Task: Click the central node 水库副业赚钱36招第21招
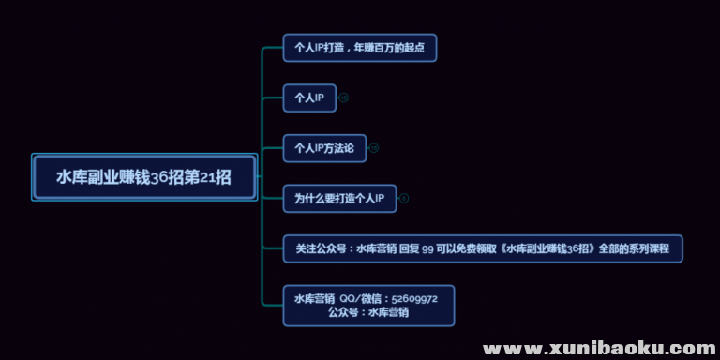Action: (x=143, y=177)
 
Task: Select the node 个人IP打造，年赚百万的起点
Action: (x=360, y=47)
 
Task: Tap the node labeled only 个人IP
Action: (x=309, y=97)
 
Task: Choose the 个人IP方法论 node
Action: (x=323, y=147)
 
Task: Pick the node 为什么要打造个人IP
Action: (x=339, y=198)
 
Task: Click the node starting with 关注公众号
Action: (x=483, y=248)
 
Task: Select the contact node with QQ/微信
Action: (x=368, y=305)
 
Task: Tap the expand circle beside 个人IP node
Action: (x=343, y=97)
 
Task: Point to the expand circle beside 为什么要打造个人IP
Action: (x=404, y=198)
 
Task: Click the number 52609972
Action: (x=415, y=298)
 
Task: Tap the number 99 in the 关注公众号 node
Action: (x=427, y=248)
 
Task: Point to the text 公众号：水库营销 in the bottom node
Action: (x=368, y=312)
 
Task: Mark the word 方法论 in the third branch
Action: (x=337, y=147)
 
